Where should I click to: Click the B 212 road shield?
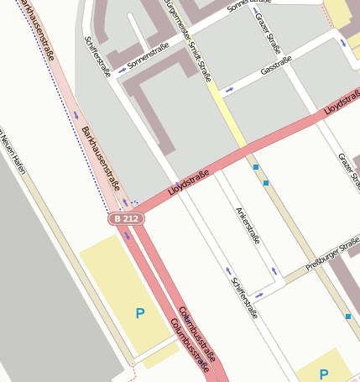[x=126, y=219]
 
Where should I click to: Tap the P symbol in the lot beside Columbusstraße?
[x=140, y=314]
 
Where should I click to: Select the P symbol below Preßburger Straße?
[x=324, y=374]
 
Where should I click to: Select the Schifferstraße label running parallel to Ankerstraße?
[x=245, y=299]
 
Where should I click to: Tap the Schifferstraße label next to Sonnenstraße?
[x=98, y=56]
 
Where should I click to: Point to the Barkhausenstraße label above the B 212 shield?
[x=101, y=158]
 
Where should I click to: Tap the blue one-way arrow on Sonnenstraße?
[x=123, y=71]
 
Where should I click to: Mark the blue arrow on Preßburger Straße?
[x=259, y=295]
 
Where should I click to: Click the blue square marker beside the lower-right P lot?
[x=347, y=317]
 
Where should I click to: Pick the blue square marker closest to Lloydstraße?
[x=255, y=167]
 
